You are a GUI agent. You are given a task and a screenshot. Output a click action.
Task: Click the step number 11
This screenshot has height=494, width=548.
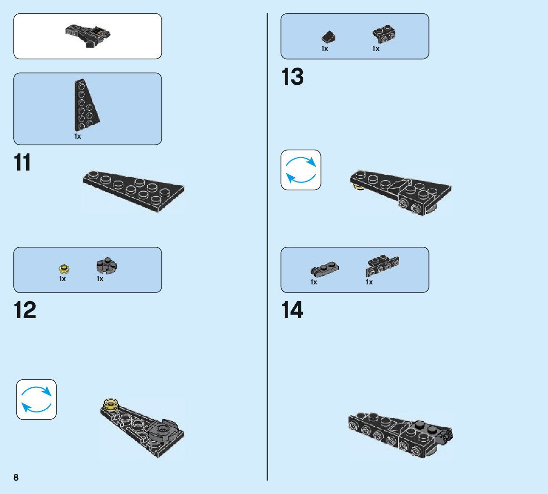tap(22, 163)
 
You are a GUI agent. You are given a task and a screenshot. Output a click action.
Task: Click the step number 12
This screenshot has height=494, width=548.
tap(25, 311)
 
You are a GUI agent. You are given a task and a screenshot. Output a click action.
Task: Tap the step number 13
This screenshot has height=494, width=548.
tap(292, 77)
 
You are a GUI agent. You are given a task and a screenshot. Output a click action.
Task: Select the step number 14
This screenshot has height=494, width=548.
tap(292, 311)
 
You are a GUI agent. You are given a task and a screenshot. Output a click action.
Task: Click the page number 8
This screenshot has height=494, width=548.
tap(16, 477)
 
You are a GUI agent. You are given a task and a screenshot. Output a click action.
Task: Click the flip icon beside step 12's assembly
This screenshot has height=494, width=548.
tap(37, 399)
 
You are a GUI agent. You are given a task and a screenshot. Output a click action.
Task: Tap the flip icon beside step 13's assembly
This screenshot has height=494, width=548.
tap(301, 170)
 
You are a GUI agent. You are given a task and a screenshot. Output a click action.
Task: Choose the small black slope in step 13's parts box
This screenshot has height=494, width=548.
tap(329, 37)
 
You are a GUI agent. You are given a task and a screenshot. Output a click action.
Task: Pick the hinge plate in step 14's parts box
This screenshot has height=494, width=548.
tap(323, 270)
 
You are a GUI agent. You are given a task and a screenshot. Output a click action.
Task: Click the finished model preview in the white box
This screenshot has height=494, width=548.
tap(89, 36)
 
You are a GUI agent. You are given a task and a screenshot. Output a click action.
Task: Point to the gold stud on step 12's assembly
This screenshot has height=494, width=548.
tap(110, 404)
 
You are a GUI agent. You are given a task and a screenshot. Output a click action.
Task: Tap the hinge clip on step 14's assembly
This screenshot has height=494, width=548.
tap(446, 434)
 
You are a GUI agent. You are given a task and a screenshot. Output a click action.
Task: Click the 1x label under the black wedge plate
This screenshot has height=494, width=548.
tap(78, 136)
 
